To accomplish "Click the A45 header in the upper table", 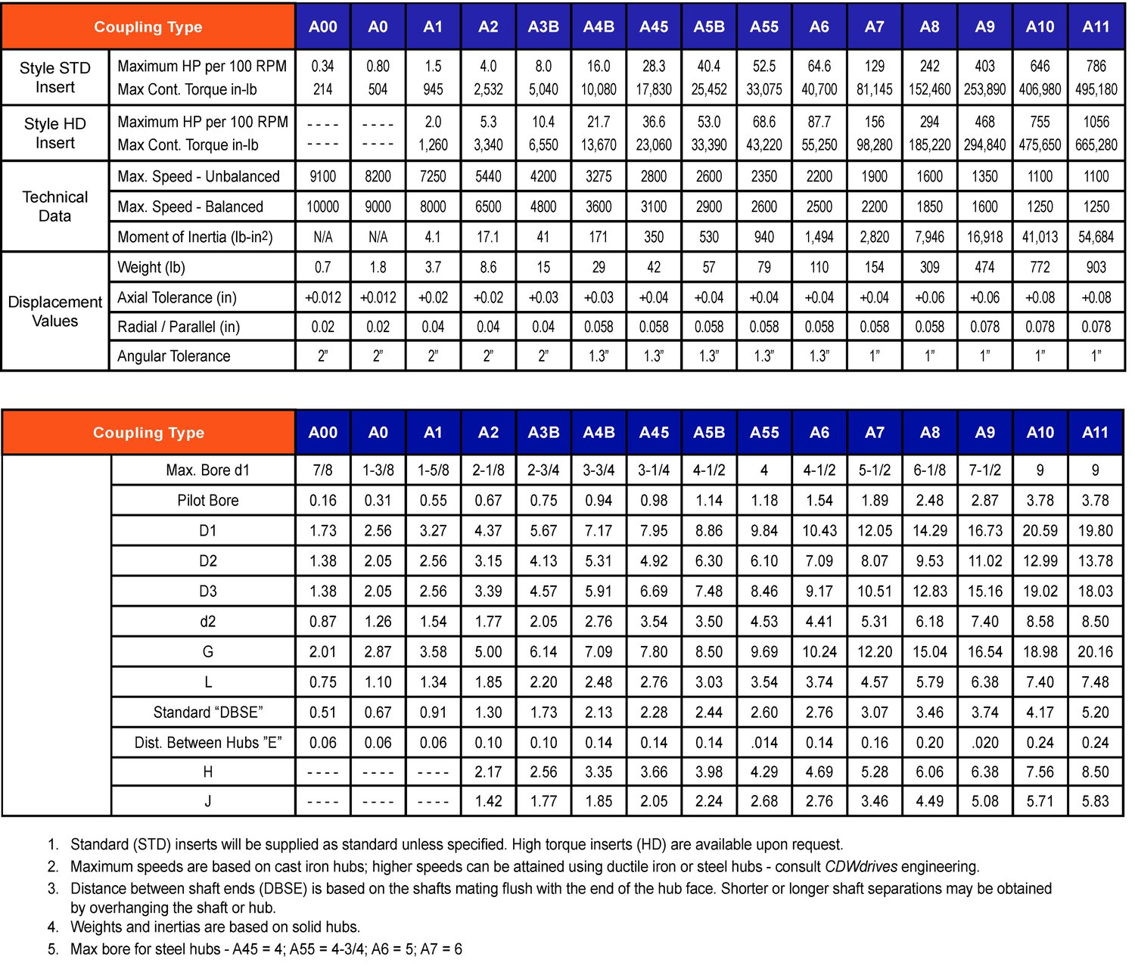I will [x=654, y=26].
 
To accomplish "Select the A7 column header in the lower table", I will [x=874, y=432].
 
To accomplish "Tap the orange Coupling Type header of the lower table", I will [x=148, y=432].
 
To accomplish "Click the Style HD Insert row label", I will [x=55, y=133].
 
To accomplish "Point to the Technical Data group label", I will [x=55, y=206].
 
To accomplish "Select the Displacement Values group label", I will [x=55, y=311].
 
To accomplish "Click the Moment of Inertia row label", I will [x=195, y=237].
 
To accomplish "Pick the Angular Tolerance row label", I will [x=173, y=356].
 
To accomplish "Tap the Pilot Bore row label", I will [x=208, y=500].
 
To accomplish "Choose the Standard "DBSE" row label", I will [x=208, y=712].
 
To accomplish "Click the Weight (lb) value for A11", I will [x=1096, y=267].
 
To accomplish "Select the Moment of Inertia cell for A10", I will [x=1040, y=237].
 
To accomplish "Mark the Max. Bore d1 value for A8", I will [x=929, y=470].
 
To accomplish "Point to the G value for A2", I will [x=488, y=651].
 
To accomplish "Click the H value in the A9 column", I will [x=984, y=772].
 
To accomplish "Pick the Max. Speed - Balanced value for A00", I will [x=322, y=206].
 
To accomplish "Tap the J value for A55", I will [x=764, y=800].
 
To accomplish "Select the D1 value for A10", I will [x=1040, y=530].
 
